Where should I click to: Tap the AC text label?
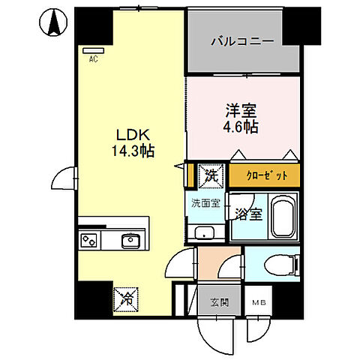pos(94,58)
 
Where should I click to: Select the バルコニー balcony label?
pos(241,41)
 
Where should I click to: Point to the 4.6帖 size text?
pos(240,127)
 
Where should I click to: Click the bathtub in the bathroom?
pos(283,216)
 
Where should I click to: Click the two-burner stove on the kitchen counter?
pos(89,241)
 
